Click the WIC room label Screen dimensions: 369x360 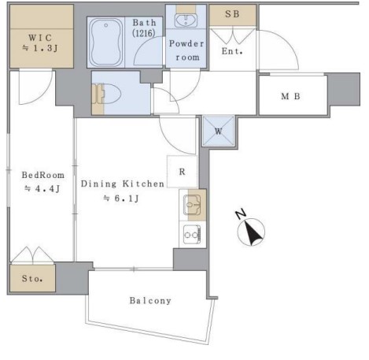click(x=40, y=38)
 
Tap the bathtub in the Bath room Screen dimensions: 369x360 click(x=106, y=43)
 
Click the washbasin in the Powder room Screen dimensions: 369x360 click(x=186, y=20)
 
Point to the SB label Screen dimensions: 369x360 click(x=232, y=14)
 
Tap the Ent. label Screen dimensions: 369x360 click(x=232, y=51)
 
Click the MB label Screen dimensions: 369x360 click(x=290, y=96)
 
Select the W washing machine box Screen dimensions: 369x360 click(x=219, y=131)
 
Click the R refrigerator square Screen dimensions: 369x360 click(x=182, y=172)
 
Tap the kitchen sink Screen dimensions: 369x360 click(x=192, y=205)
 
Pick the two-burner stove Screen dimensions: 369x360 click(x=192, y=235)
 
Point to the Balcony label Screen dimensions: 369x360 click(x=150, y=300)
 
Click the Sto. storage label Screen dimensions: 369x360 click(x=32, y=278)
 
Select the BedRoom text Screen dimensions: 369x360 click(x=43, y=175)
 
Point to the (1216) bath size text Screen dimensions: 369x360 click(x=144, y=33)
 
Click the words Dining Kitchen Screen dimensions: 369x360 click(x=123, y=184)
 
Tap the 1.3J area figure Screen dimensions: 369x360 click(x=46, y=48)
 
